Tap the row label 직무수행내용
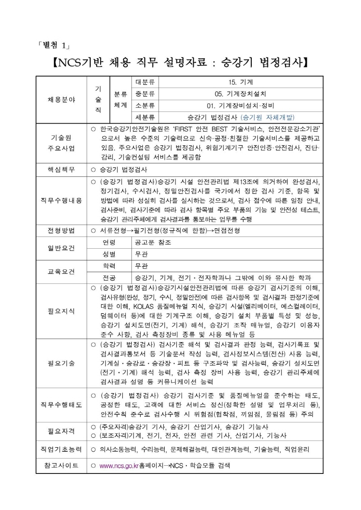tap(62, 200)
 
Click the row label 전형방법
tap(62, 230)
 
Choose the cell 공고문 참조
tap(153, 242)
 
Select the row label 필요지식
tap(62, 311)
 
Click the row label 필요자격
tap(62, 431)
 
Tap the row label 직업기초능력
tap(62, 450)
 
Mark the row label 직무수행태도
tap(62, 404)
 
